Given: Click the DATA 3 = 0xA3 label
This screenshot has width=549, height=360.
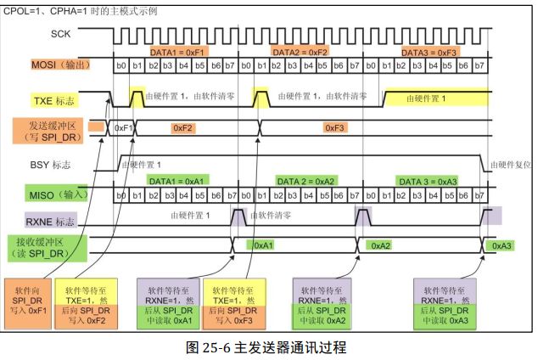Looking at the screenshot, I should click(x=429, y=182).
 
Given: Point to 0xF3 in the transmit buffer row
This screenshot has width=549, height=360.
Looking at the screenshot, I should click(x=335, y=127).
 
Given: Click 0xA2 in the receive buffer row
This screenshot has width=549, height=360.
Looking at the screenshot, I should click(x=379, y=245).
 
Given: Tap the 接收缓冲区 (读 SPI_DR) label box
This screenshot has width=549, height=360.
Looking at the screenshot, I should click(x=48, y=247).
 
